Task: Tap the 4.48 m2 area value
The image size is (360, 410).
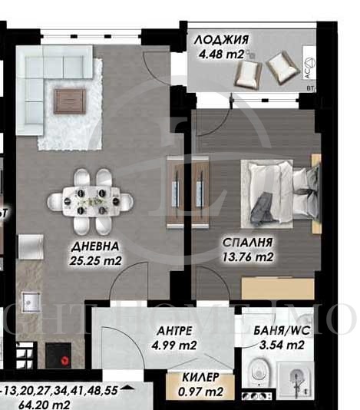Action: [x=220, y=55]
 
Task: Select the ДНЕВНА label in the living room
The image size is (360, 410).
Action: [x=93, y=246]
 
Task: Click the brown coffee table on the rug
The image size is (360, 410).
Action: [x=70, y=98]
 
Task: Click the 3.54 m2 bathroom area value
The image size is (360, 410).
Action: [x=279, y=345]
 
